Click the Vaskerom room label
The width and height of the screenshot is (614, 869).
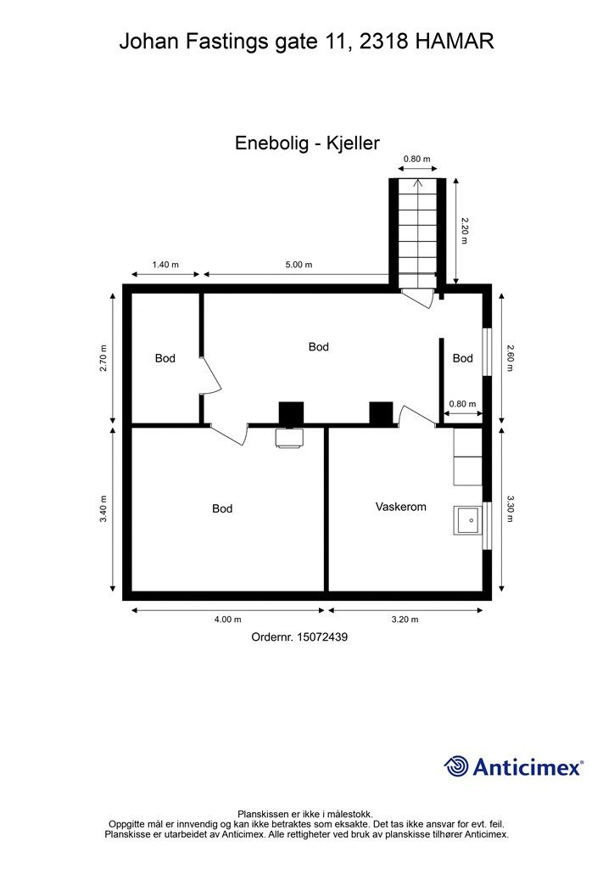click(x=400, y=507)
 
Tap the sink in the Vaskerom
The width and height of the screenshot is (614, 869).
click(x=467, y=519)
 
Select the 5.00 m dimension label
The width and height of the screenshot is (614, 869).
click(x=299, y=265)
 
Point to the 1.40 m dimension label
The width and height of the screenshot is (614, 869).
click(x=165, y=265)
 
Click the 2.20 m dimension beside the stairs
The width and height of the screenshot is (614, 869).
click(x=464, y=231)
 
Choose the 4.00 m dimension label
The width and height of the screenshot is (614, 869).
click(x=227, y=620)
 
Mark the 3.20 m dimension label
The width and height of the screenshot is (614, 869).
click(x=405, y=620)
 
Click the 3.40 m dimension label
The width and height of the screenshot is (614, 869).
click(x=103, y=509)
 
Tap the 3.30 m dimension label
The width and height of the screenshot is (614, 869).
click(x=511, y=509)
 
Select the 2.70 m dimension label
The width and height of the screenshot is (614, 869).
click(x=103, y=358)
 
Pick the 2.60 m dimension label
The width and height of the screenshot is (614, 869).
click(x=511, y=358)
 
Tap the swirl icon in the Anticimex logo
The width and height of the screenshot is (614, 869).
click(x=456, y=766)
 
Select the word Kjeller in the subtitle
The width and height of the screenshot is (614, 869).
click(x=350, y=143)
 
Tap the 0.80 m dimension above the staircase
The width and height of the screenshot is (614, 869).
click(x=416, y=159)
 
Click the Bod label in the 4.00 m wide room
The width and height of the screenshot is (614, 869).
click(x=222, y=509)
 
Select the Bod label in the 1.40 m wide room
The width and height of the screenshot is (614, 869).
click(x=165, y=359)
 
